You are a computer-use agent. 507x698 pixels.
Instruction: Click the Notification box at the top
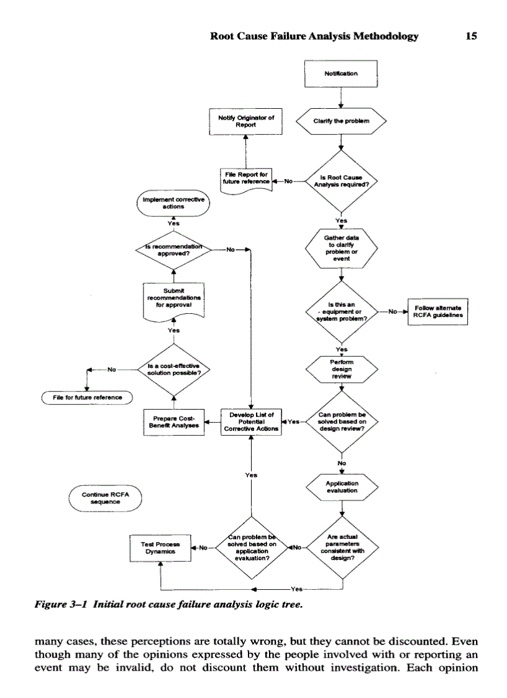click(x=341, y=73)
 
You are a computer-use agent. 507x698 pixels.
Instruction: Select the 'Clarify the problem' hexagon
click(x=341, y=121)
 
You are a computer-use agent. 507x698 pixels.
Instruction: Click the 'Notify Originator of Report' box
click(x=246, y=120)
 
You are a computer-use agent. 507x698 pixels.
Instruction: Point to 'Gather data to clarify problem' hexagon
click(x=341, y=249)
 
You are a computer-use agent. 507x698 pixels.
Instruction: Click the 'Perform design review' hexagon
click(x=341, y=370)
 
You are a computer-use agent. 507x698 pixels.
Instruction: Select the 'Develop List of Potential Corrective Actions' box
click(x=251, y=421)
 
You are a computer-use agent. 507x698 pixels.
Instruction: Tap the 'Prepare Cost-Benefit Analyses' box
click(x=173, y=422)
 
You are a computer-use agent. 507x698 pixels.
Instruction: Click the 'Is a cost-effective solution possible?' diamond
click(x=173, y=369)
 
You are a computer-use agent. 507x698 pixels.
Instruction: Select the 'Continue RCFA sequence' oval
click(x=103, y=497)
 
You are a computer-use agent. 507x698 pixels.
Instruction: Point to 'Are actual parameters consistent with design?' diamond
click(x=341, y=547)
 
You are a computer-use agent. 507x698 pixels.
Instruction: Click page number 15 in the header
click(x=471, y=36)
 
